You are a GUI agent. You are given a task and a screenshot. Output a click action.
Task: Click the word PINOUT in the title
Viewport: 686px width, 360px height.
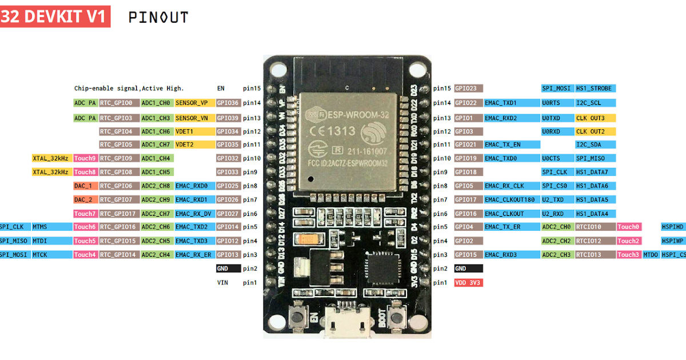click(158, 17)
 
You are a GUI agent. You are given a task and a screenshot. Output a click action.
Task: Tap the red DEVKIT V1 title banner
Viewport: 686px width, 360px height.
click(55, 17)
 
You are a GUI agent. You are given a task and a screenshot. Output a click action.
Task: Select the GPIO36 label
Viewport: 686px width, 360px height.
click(228, 103)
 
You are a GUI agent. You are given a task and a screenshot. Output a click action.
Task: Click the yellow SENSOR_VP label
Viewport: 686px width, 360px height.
click(195, 103)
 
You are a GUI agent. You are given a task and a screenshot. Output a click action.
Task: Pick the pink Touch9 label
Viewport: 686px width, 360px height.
click(85, 158)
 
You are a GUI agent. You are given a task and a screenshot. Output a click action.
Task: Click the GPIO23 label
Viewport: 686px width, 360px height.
click(468, 89)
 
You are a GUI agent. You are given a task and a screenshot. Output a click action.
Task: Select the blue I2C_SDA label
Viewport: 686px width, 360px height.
click(595, 145)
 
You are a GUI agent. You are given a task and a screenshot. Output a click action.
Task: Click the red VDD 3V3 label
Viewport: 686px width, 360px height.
click(468, 282)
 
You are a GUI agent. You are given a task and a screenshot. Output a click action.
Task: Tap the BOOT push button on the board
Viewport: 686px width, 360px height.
click(394, 315)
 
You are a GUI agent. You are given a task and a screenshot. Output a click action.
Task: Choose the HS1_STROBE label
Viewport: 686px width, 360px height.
click(595, 89)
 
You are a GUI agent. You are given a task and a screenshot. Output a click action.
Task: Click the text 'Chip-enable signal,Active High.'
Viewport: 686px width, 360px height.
click(129, 89)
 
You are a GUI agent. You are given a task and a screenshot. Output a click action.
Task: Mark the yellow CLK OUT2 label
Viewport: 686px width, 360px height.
click(595, 131)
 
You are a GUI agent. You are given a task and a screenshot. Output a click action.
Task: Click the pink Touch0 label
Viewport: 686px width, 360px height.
click(629, 227)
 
